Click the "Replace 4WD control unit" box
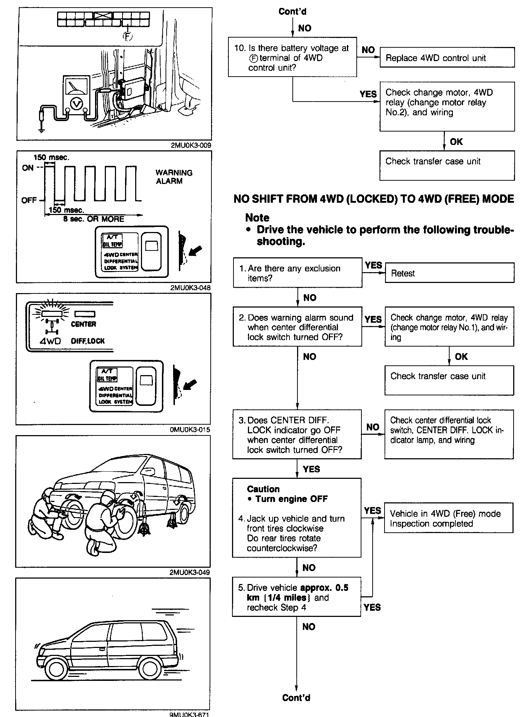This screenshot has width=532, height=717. point(447,57)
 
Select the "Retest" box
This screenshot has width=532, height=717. point(449,272)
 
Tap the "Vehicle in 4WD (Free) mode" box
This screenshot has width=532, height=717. point(448,518)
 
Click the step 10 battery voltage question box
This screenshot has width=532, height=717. point(292,57)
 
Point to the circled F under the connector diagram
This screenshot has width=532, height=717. point(128,36)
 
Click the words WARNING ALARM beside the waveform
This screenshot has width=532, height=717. point(173,177)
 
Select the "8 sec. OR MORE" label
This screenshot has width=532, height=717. point(94,219)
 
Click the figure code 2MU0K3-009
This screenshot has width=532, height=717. point(191,146)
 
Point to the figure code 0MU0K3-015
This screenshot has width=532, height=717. point(190,430)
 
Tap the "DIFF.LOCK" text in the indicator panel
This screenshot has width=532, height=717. point(88,341)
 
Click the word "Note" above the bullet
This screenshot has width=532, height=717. point(257,218)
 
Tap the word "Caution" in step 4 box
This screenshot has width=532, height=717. point(263,489)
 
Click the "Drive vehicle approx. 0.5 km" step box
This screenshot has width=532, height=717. point(296,597)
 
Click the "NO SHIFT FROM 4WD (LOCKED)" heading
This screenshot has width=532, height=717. point(374,199)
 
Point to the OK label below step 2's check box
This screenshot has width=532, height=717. point(461,356)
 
